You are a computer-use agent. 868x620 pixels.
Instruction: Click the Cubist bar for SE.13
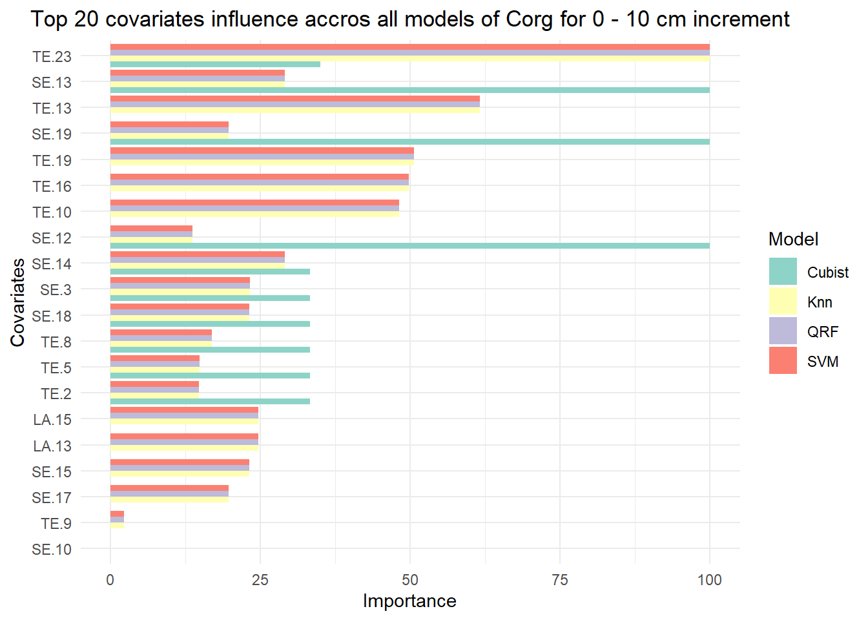(410, 90)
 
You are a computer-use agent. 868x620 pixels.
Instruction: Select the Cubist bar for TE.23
(216, 65)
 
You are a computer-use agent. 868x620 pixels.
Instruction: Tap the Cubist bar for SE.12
(410, 245)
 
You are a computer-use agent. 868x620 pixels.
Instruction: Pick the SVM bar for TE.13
(295, 99)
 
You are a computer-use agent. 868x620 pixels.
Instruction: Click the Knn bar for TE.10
(254, 214)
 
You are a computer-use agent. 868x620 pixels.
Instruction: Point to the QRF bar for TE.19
(262, 156)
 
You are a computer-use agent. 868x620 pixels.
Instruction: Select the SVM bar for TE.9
(117, 514)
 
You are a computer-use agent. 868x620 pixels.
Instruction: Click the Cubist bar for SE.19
(410, 142)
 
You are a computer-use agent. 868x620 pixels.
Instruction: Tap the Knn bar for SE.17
(169, 499)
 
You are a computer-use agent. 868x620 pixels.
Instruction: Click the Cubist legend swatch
(783, 271)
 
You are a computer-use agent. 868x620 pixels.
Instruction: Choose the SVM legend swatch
(783, 360)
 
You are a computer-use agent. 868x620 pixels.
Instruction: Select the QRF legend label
(823, 332)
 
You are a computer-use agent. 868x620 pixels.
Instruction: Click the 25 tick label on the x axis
(260, 580)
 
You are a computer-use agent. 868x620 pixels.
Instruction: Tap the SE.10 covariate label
(52, 550)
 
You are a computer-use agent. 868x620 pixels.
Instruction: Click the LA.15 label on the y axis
(52, 420)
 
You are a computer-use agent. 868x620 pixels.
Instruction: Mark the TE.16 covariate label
(52, 187)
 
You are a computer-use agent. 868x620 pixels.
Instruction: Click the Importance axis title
(409, 601)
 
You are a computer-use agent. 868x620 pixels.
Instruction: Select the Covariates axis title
(18, 302)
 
